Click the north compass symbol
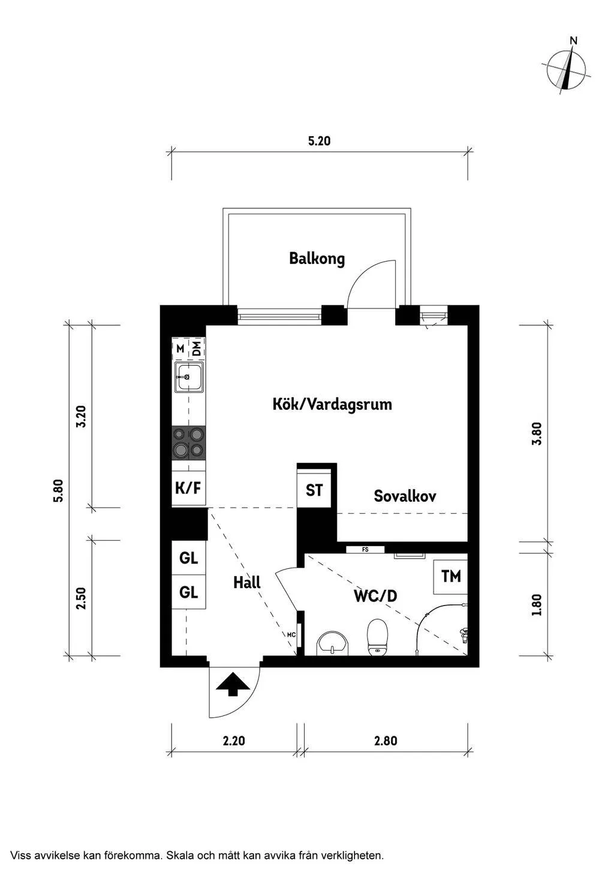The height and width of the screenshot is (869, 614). click(567, 69)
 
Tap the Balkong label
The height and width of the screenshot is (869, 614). click(317, 259)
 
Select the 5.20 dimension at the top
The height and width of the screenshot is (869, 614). click(319, 142)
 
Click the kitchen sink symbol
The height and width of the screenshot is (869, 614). click(188, 377)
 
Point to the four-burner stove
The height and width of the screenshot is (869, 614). click(188, 442)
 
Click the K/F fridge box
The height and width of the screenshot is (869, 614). click(188, 488)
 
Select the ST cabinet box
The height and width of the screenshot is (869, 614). click(314, 490)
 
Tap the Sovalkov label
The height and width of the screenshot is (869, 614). click(405, 496)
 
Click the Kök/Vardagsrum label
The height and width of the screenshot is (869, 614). click(332, 404)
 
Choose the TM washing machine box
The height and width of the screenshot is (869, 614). click(451, 577)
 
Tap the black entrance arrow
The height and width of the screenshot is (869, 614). click(233, 684)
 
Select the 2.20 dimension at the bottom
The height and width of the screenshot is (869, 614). click(234, 741)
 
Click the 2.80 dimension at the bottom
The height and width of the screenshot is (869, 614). click(386, 741)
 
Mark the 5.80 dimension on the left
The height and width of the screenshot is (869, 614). click(58, 490)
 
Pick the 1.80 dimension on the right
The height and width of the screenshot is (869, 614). click(537, 604)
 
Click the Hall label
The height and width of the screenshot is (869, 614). click(246, 583)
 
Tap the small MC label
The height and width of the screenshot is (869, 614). click(291, 634)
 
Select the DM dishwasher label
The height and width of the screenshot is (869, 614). click(196, 348)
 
